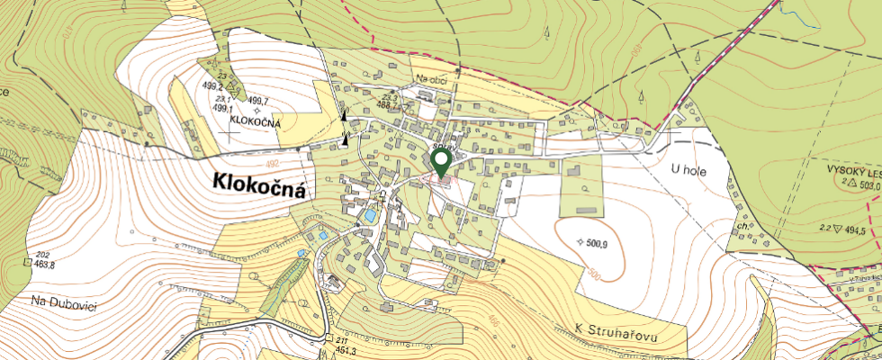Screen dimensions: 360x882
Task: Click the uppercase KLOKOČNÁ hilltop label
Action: [x=256, y=121]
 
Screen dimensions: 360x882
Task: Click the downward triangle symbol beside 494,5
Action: [x=838, y=230]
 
